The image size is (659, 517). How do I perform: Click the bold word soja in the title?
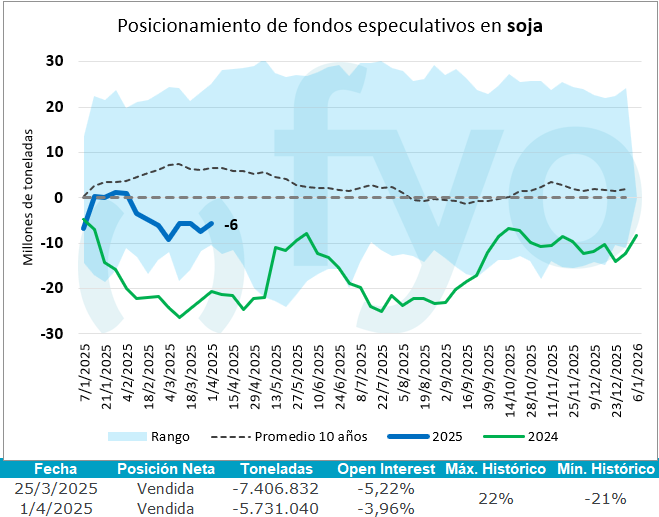pyautogui.click(x=524, y=26)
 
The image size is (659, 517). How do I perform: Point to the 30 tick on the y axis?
pyautogui.click(x=55, y=61)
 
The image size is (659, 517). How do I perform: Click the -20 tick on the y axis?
pyautogui.click(x=52, y=288)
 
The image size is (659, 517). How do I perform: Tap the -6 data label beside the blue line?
pyautogui.click(x=231, y=224)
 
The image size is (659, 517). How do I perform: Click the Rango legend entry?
pyautogui.click(x=171, y=436)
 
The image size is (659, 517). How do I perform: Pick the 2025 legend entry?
pyautogui.click(x=446, y=436)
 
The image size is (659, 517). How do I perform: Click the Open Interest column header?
pyautogui.click(x=386, y=469)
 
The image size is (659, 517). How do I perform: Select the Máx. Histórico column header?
pyautogui.click(x=496, y=469)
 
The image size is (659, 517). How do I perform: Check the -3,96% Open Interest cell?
pyautogui.click(x=386, y=507)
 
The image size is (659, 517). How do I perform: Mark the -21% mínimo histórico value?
pyautogui.click(x=605, y=498)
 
